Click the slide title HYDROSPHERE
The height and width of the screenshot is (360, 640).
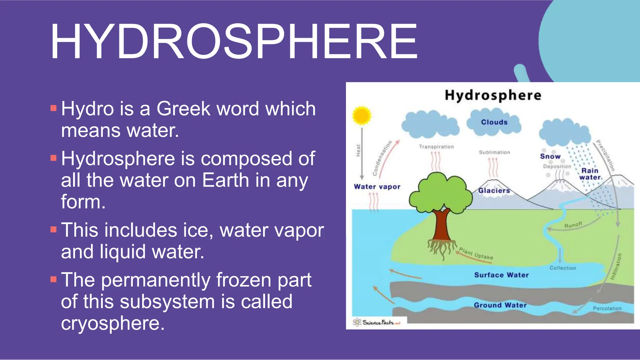(x=234, y=42)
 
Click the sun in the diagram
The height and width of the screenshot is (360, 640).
(x=362, y=115)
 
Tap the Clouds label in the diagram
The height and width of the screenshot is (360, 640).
(x=494, y=122)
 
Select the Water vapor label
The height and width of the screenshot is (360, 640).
(x=377, y=187)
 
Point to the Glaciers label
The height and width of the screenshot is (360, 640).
(x=494, y=191)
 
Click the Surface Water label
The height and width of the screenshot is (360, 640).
(x=501, y=275)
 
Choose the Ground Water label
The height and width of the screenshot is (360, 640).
(x=500, y=305)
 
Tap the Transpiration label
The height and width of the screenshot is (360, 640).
(x=436, y=147)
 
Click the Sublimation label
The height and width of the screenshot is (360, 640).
(x=494, y=152)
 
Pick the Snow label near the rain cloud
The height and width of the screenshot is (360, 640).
(x=550, y=156)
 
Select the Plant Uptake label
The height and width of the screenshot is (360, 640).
(x=476, y=253)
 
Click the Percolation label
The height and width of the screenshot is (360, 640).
(x=607, y=308)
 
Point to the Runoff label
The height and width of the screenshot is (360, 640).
(x=573, y=225)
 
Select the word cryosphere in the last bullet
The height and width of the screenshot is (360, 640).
(x=112, y=323)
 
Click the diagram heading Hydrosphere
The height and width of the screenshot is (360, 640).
(x=493, y=95)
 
